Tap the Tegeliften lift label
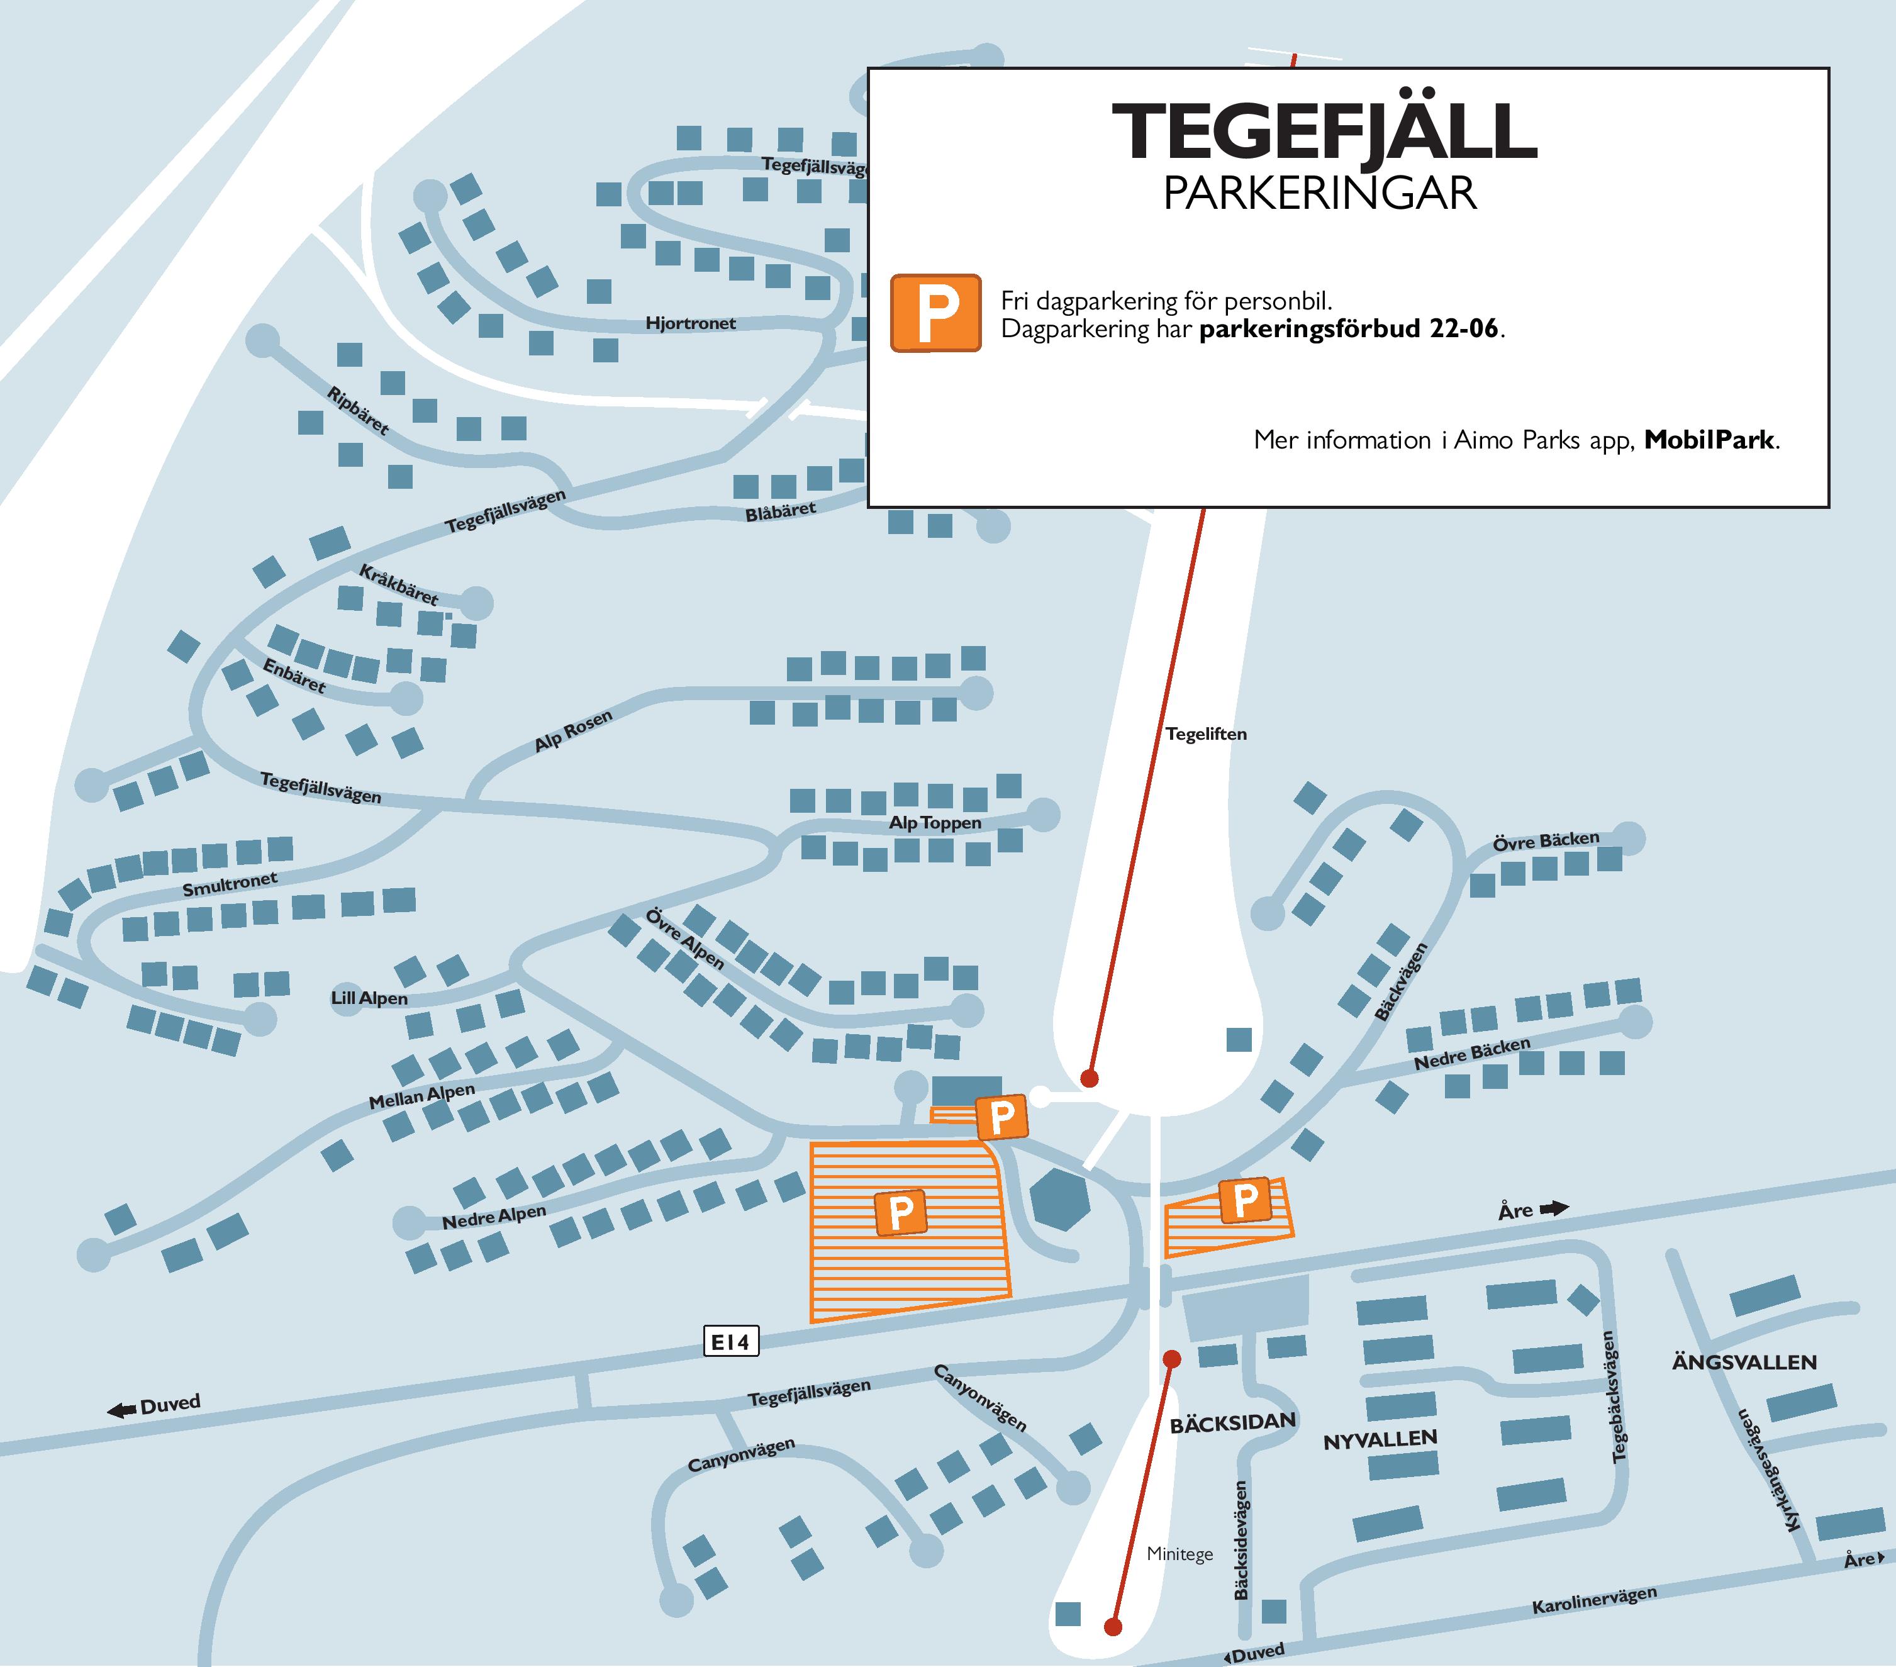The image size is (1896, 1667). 1206,733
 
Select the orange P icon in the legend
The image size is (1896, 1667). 935,313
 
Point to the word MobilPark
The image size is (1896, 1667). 1709,440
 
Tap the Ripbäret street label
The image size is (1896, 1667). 358,410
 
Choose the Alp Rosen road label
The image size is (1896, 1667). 573,731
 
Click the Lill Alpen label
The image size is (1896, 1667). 369,999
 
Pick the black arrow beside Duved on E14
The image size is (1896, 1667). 121,1411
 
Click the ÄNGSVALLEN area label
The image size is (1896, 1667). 1744,1363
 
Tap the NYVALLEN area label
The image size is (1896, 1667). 1380,1441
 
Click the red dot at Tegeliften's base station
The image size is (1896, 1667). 1090,1079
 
